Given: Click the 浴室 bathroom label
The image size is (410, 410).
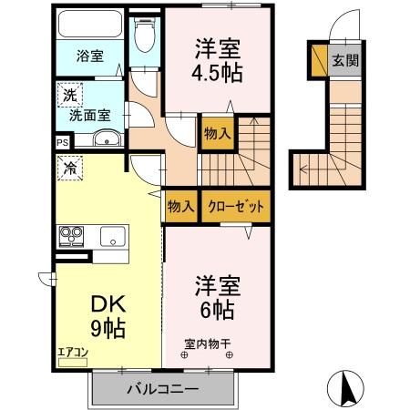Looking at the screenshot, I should (x=88, y=56).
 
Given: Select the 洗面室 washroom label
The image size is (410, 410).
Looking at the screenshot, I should (x=91, y=115).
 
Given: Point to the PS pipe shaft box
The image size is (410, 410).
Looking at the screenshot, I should (x=62, y=142).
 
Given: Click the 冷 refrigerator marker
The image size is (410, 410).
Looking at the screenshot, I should (x=69, y=167).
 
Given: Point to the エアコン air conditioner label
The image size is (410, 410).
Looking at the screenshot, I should (x=72, y=351).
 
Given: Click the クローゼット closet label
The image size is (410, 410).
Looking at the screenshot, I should (x=236, y=207).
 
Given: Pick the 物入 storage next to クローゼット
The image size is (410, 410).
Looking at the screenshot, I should (x=181, y=207).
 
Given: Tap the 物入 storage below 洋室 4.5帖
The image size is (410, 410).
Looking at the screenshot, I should (x=217, y=134).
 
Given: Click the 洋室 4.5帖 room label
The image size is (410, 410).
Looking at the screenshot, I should (x=218, y=60).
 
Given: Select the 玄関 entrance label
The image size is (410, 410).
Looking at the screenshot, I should (x=344, y=61).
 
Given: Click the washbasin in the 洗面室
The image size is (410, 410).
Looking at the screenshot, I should (x=106, y=139).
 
